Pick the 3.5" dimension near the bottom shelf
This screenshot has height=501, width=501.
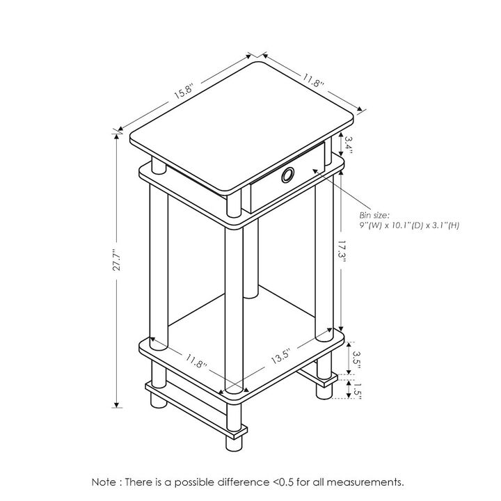pyautogui.click(x=356, y=358)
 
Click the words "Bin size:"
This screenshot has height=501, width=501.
pyautogui.click(x=374, y=216)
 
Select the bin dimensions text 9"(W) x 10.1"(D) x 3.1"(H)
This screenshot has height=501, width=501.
pyautogui.click(x=409, y=225)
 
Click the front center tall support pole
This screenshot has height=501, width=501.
pyautogui.click(x=232, y=306)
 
